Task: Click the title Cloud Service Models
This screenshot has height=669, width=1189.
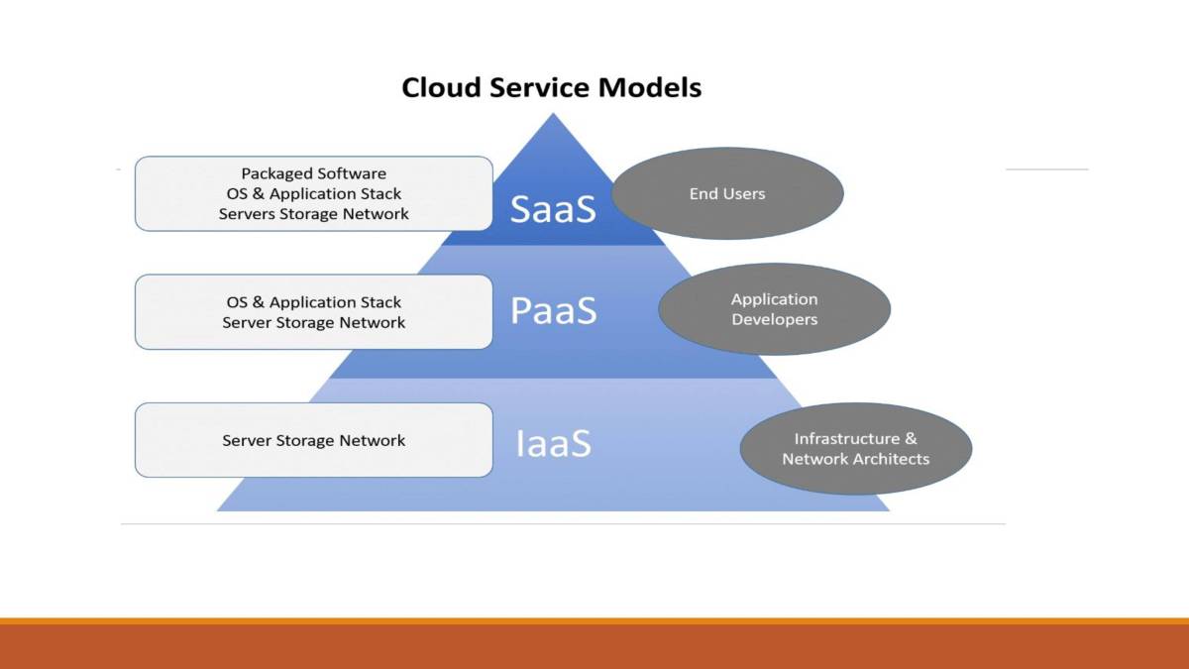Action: click(551, 87)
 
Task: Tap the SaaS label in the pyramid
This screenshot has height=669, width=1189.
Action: click(553, 209)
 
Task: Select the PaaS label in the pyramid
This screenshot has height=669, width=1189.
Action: click(553, 311)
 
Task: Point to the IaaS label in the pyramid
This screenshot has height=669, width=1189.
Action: click(553, 443)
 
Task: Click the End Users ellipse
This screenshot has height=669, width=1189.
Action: click(727, 194)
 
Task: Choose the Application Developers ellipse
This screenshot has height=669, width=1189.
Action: click(774, 309)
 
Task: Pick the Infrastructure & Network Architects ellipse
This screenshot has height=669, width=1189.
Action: click(855, 449)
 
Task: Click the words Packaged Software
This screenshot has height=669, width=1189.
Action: click(313, 173)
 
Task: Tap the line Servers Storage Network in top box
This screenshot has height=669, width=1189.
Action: click(313, 213)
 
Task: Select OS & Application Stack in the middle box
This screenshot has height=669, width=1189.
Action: click(313, 302)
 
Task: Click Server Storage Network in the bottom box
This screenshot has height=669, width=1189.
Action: click(313, 440)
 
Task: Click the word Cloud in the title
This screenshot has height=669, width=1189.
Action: click(437, 87)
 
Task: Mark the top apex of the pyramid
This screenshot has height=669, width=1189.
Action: click(552, 115)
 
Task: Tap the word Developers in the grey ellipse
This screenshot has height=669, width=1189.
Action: click(774, 320)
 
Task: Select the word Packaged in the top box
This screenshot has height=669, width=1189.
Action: click(276, 173)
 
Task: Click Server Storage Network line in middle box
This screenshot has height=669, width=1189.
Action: click(313, 322)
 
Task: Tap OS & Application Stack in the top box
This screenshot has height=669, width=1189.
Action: click(313, 193)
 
